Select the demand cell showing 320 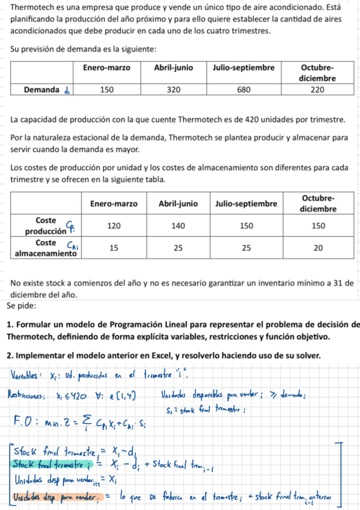pos(173,90)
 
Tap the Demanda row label pos(41,90)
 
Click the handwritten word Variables pos(24,376)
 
